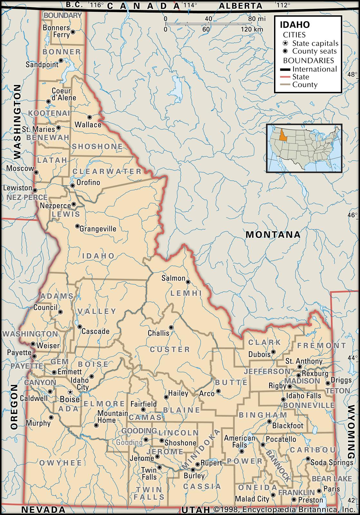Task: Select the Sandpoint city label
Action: (42, 64)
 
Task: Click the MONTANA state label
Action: (273, 234)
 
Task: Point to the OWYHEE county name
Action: (61, 463)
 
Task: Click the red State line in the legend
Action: (285, 77)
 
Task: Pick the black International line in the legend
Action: (285, 69)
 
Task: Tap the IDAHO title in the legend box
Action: (295, 25)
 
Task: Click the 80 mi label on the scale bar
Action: (257, 19)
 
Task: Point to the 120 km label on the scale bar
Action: (252, 29)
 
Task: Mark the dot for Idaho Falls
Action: (283, 399)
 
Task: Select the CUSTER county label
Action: (170, 349)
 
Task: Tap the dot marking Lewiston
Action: (35, 190)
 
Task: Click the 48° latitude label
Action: (352, 75)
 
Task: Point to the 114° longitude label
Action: (190, 5)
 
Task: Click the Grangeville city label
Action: (98, 229)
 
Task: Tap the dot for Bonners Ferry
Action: (73, 32)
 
